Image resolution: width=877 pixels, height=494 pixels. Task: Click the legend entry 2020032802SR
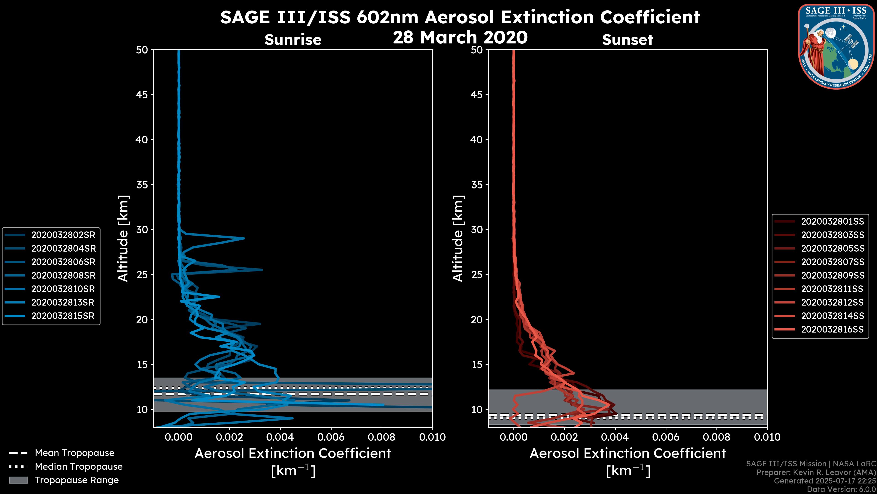63,235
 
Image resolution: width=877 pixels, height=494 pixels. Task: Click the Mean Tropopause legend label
74,453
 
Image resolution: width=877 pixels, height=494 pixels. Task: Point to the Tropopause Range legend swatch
18,480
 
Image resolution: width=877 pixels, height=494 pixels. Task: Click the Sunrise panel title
293,40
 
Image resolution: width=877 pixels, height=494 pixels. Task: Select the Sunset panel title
627,40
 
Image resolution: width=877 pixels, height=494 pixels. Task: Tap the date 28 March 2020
460,37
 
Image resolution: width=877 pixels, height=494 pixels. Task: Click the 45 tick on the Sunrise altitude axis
142,94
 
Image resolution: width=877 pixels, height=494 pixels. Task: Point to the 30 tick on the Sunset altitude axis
477,229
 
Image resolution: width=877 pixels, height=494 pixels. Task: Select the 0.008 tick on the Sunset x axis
717,437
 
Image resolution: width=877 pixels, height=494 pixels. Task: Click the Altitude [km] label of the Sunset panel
458,239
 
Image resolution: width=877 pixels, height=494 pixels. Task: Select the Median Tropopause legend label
79,466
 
